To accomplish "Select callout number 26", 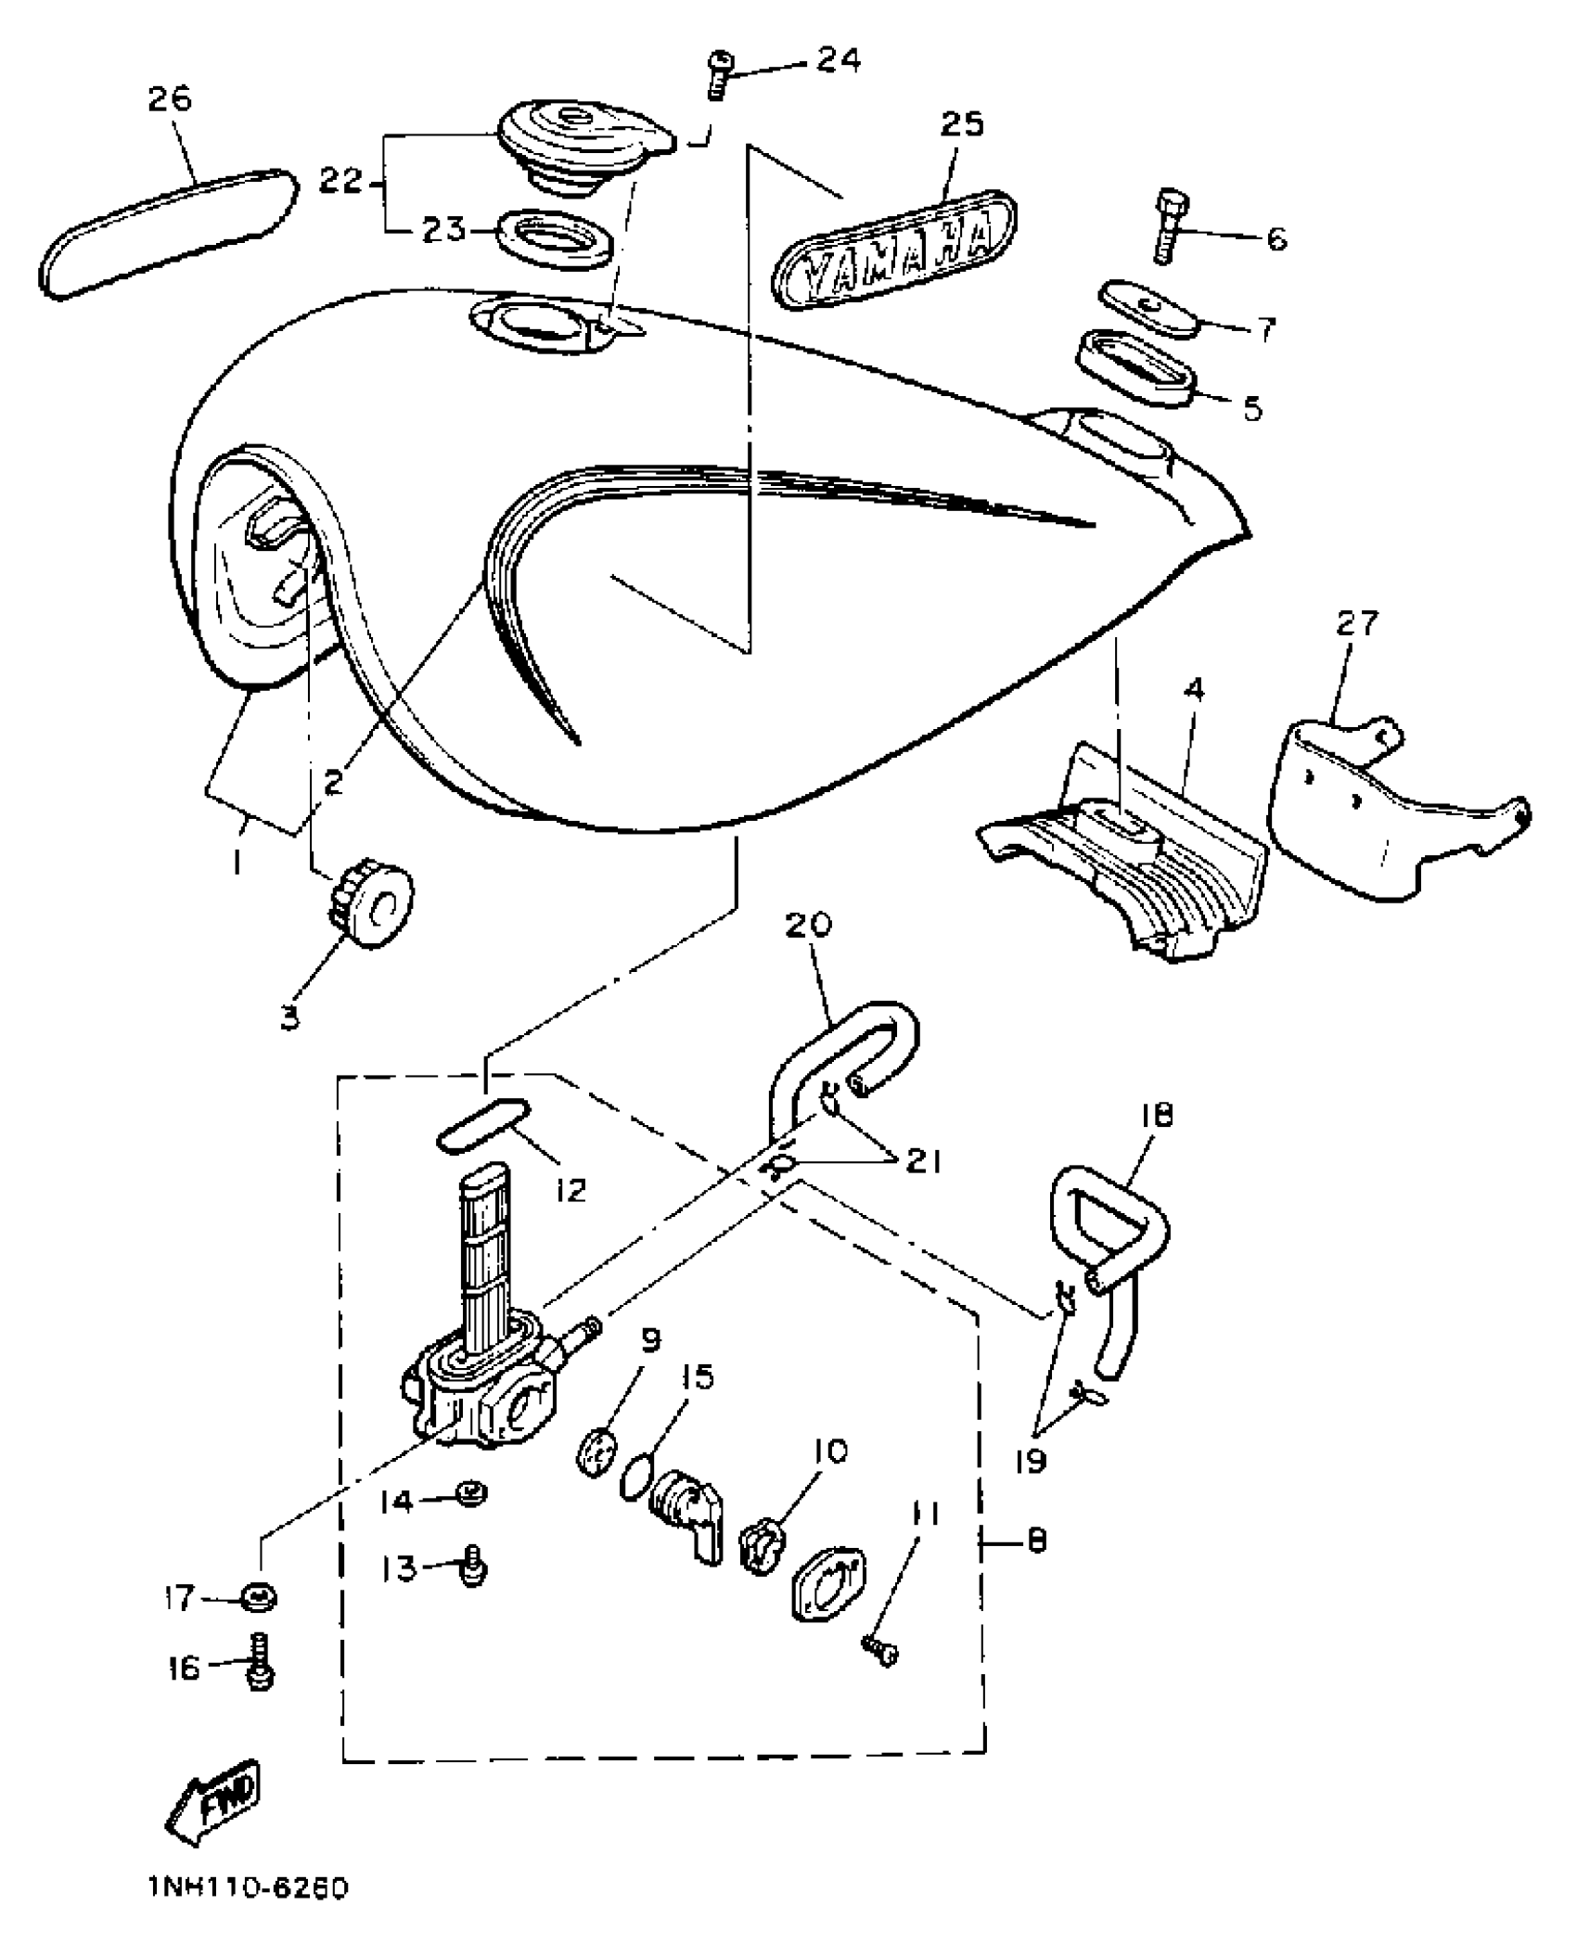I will tap(169, 99).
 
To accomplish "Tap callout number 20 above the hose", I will tap(808, 925).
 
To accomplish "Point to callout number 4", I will tap(1194, 690).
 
